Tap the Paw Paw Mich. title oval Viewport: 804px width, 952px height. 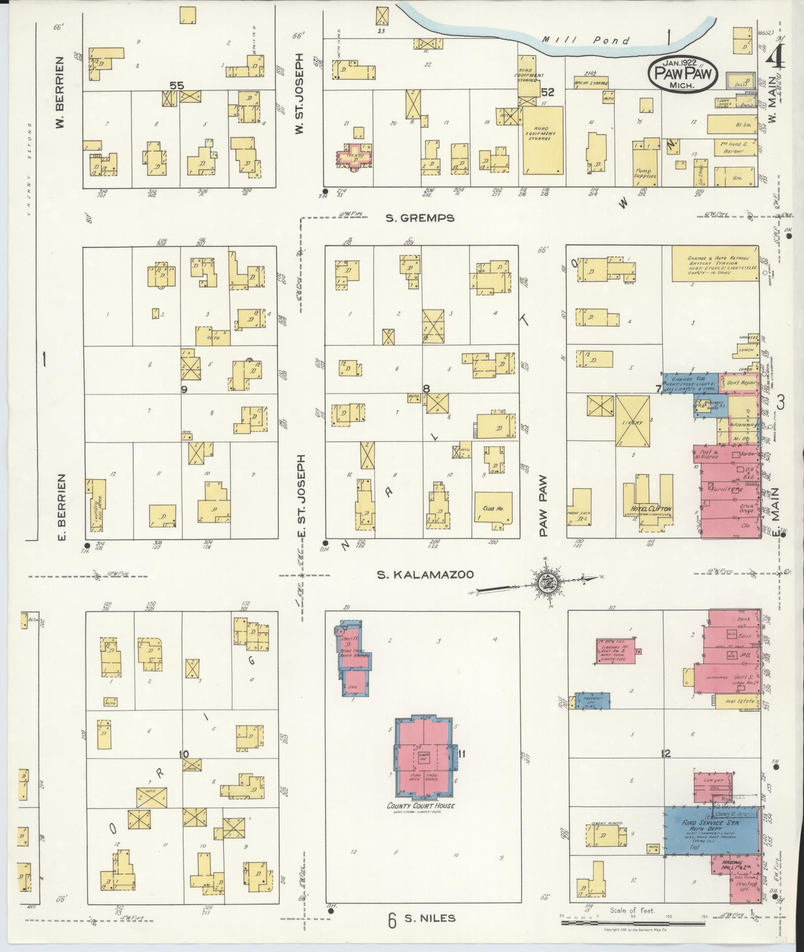pyautogui.click(x=680, y=73)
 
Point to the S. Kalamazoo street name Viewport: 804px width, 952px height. pyautogui.click(x=425, y=575)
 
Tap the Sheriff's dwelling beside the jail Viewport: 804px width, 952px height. pyautogui.click(x=352, y=645)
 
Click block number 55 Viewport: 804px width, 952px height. pyautogui.click(x=176, y=85)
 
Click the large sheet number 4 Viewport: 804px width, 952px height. pyautogui.click(x=776, y=60)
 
